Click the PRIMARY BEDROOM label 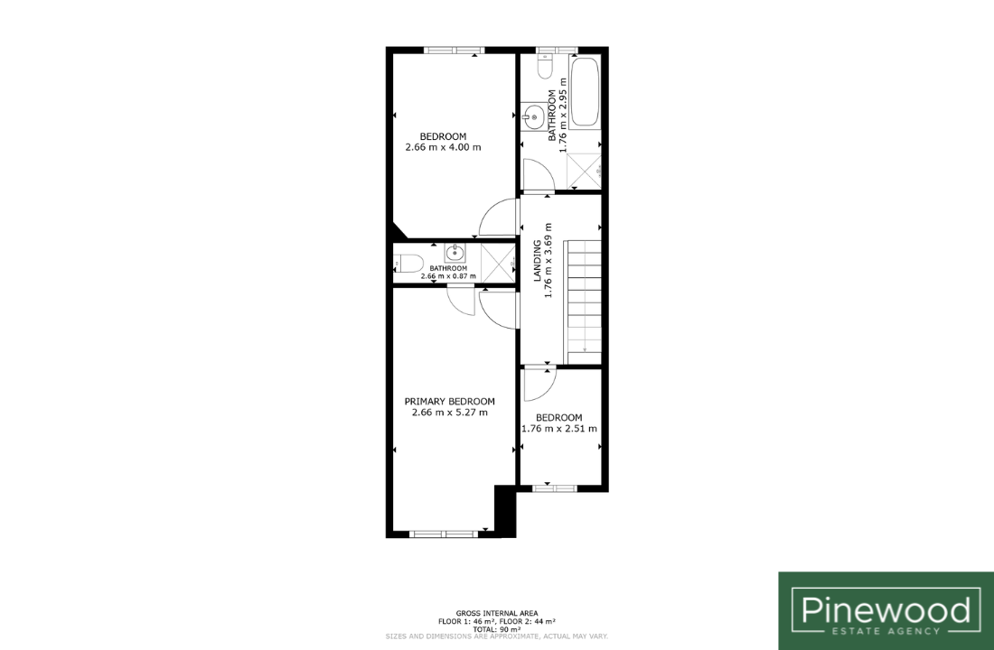tap(449, 401)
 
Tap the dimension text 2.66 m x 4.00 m tap(443, 148)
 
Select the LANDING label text tap(537, 260)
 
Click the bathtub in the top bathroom tap(585, 92)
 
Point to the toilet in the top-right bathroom tap(545, 65)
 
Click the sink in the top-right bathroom tap(533, 116)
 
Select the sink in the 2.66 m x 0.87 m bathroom tap(455, 254)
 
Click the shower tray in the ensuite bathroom tap(498, 263)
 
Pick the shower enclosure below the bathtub tap(584, 171)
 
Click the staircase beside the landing tap(584, 302)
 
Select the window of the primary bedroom tap(443, 534)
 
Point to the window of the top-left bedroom tap(454, 50)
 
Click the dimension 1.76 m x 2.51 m tap(559, 429)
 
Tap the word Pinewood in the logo tap(886, 609)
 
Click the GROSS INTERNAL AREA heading tap(497, 613)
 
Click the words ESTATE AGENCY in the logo tap(886, 631)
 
